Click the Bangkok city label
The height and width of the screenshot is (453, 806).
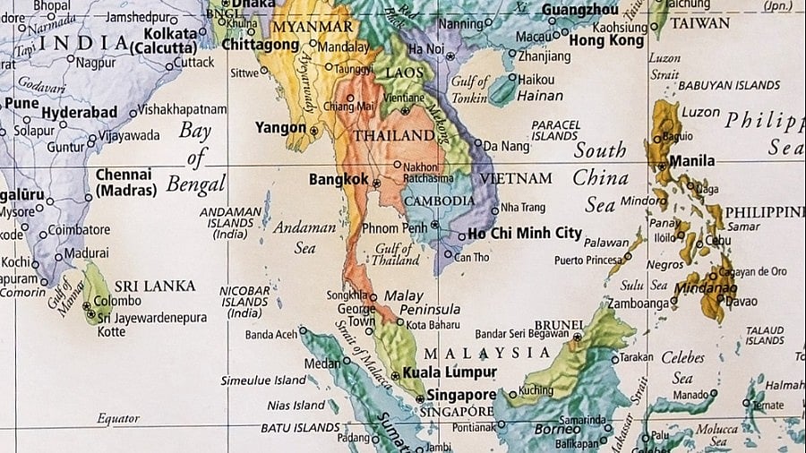(338, 179)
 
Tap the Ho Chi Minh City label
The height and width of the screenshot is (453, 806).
(524, 233)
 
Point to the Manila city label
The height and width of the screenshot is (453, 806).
(692, 161)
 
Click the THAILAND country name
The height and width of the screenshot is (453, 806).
(394, 136)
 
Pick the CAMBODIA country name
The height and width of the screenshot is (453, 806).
(439, 201)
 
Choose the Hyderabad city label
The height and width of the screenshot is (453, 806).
(79, 112)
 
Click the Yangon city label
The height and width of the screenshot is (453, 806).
(279, 128)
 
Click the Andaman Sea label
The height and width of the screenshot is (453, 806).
(304, 237)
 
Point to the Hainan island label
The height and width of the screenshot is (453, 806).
(540, 96)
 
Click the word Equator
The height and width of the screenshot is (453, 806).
(118, 418)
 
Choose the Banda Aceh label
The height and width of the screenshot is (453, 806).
(271, 335)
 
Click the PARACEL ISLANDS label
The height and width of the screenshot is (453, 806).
(555, 131)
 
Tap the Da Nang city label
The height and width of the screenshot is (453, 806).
(507, 145)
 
